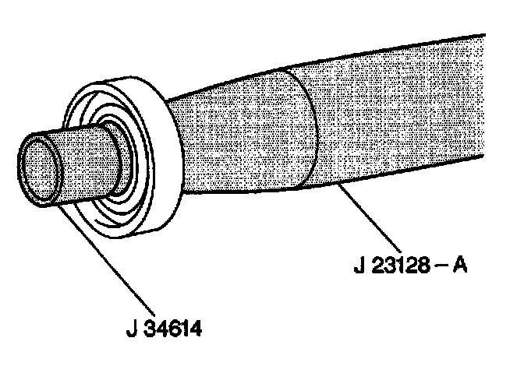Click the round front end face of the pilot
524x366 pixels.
39,168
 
